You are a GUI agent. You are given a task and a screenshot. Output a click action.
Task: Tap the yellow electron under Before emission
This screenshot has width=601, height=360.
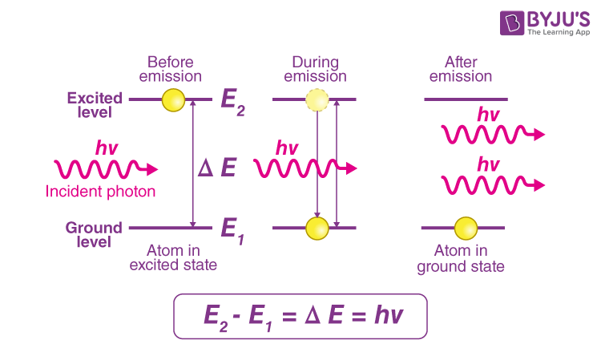173,99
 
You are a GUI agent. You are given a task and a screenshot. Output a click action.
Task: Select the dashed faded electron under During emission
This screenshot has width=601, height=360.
317,100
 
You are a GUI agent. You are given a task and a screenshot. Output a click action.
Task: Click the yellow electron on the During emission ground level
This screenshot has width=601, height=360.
317,228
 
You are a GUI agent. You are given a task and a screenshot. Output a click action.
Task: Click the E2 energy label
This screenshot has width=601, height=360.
232,102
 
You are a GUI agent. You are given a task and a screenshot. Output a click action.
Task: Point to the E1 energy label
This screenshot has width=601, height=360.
232,230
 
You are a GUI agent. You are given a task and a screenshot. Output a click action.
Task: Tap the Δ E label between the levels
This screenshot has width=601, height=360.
217,168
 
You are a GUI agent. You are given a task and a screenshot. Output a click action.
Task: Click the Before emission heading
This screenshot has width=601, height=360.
171,69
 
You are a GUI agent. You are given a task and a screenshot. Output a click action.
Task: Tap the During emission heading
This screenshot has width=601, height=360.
315,69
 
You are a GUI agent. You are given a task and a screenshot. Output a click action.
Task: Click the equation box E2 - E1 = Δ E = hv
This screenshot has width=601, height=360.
300,316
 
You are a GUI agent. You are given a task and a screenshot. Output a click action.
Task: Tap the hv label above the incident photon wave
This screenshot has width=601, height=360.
107,148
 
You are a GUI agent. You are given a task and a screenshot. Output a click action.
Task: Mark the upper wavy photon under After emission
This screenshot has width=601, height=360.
490,134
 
